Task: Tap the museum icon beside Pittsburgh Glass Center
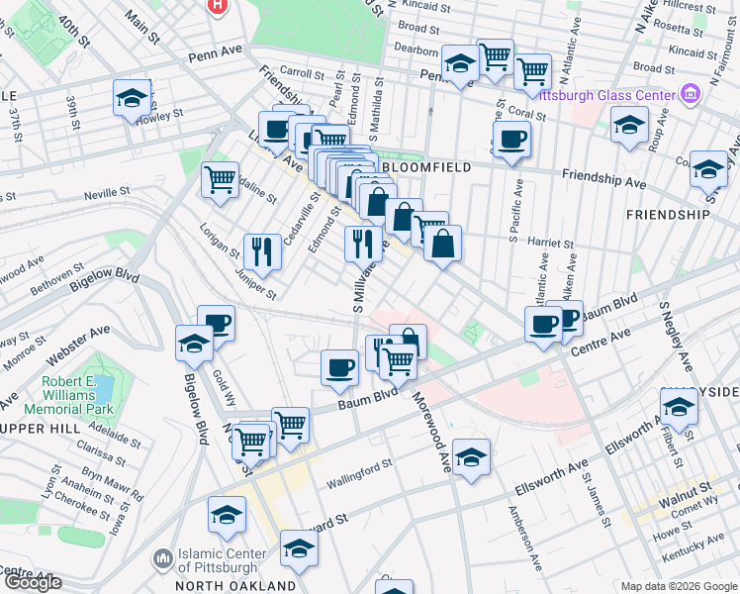[x=691, y=95]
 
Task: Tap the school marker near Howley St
[x=132, y=98]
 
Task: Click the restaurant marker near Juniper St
[x=262, y=249]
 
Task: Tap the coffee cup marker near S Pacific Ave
[x=511, y=140]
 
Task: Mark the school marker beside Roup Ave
[x=629, y=126]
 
